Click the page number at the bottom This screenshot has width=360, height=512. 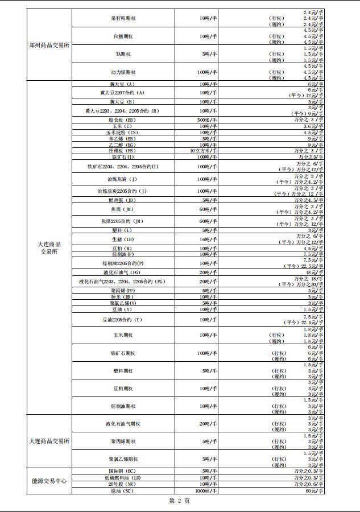180,501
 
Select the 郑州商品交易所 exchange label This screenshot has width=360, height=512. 49,45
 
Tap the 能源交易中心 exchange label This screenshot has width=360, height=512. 49,481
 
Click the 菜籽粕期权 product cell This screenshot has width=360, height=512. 123,18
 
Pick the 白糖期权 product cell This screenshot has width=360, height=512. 123,36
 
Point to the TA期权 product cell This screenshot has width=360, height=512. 123,54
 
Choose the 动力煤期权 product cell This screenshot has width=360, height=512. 123,72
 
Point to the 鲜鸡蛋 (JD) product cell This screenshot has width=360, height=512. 123,200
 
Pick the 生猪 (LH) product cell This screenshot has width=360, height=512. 123,240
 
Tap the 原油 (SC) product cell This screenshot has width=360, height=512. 123,490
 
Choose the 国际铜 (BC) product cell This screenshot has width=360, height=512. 123,471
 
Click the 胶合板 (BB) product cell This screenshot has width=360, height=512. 123,120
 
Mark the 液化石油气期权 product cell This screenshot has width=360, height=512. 123,424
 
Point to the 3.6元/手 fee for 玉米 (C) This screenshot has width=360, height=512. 313,126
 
